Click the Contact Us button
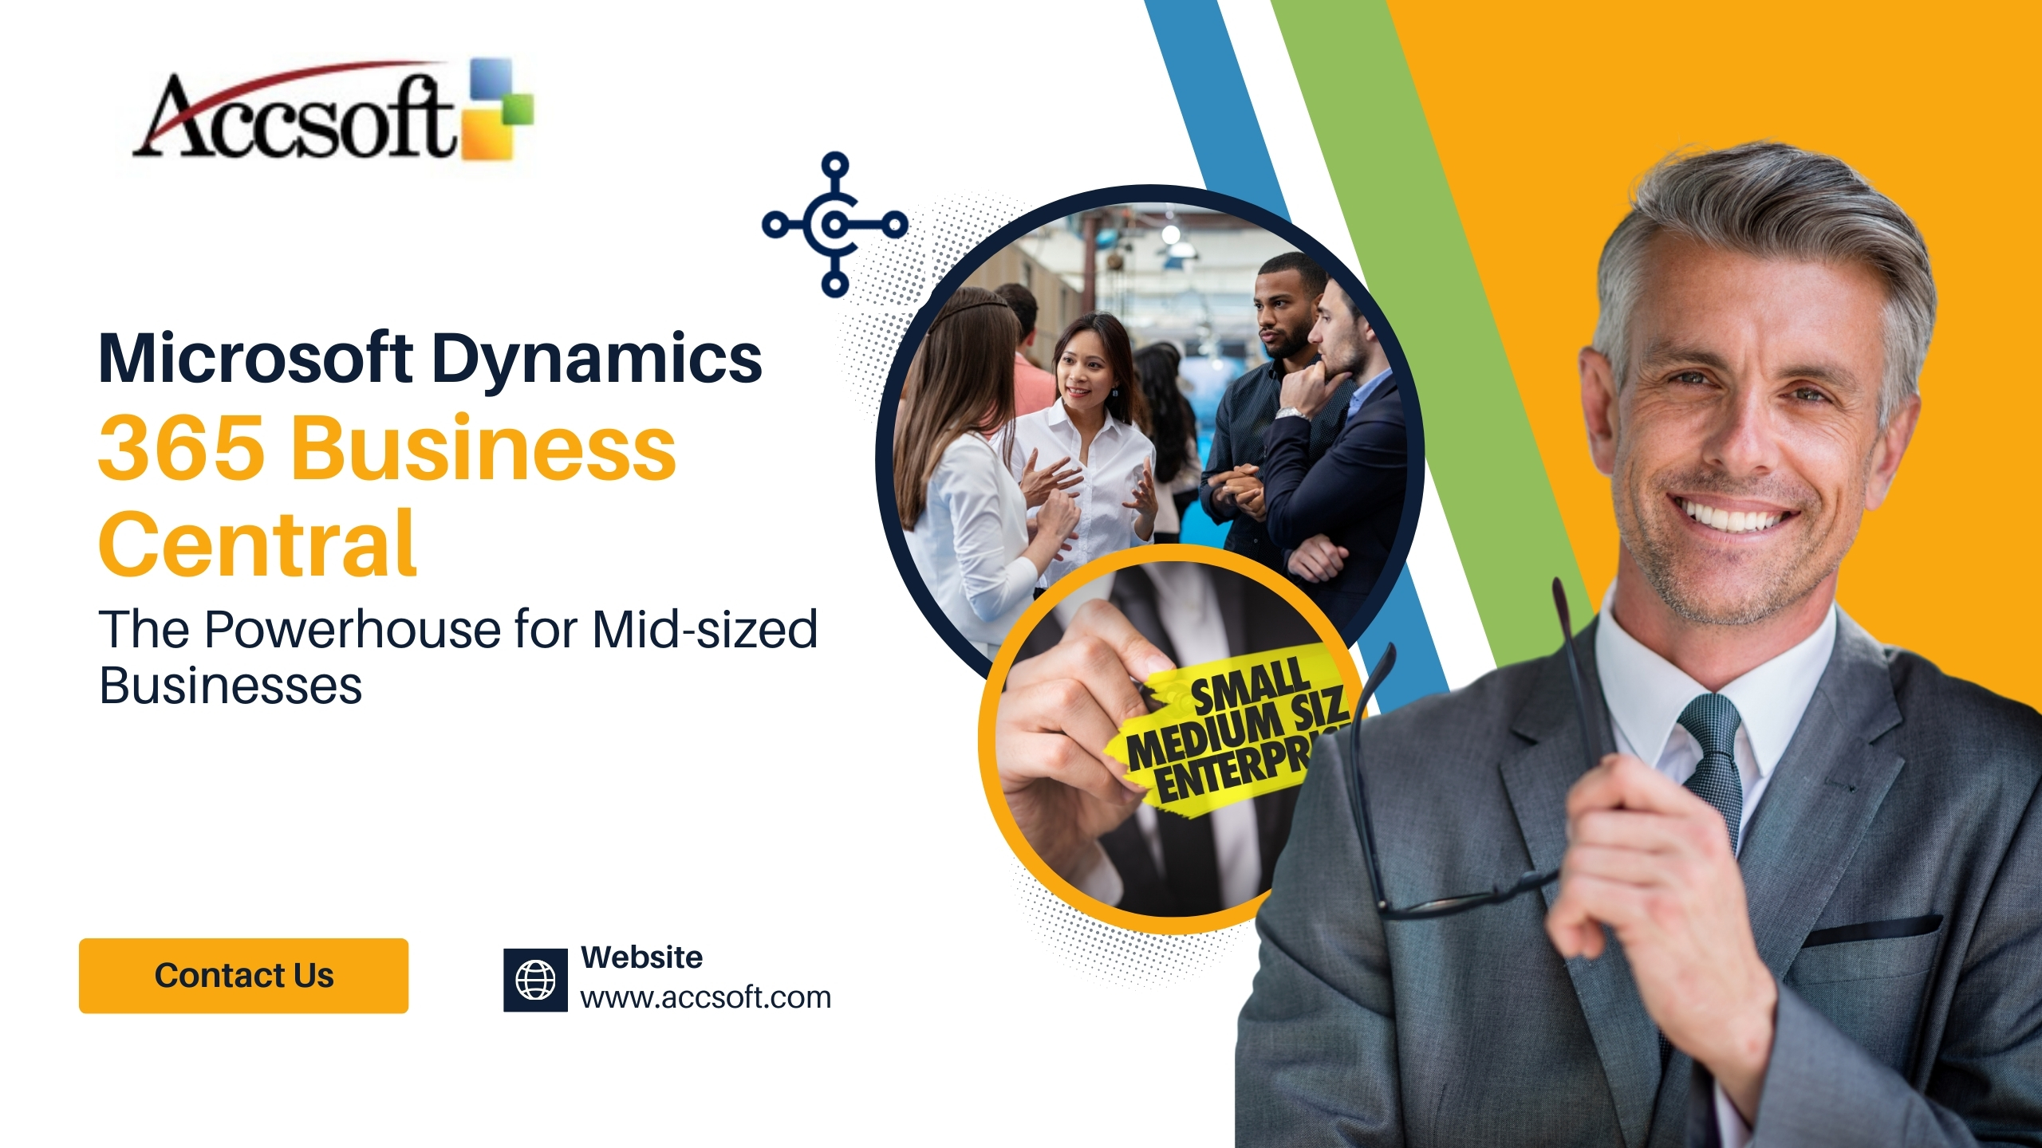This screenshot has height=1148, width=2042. click(243, 976)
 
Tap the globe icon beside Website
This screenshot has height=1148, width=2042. click(535, 980)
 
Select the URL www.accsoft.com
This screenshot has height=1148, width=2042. click(705, 998)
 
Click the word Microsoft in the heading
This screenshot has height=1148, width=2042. click(255, 359)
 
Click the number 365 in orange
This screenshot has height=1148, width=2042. click(181, 448)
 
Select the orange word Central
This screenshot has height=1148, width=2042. click(257, 545)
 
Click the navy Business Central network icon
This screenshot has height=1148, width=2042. click(834, 225)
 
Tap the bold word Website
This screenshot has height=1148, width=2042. click(641, 957)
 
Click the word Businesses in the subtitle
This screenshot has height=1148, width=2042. click(231, 686)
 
